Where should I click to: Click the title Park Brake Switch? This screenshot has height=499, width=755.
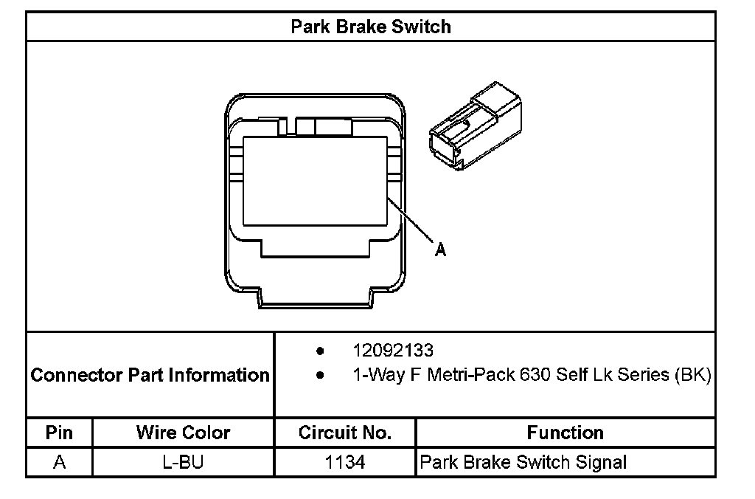pyautogui.click(x=370, y=27)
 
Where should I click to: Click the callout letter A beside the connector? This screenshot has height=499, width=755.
pyautogui.click(x=440, y=250)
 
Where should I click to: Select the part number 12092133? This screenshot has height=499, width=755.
pyautogui.click(x=393, y=349)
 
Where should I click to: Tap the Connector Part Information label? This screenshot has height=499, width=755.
pyautogui.click(x=150, y=375)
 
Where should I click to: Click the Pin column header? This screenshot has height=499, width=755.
pyautogui.click(x=59, y=433)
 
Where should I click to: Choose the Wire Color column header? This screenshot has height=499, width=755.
pyautogui.click(x=183, y=433)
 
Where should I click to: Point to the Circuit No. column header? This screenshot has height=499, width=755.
pyautogui.click(x=344, y=433)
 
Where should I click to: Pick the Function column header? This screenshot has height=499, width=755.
pyautogui.click(x=565, y=433)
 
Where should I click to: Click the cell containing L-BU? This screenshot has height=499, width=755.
pyautogui.click(x=183, y=463)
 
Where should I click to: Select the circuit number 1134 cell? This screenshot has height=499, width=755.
pyautogui.click(x=344, y=463)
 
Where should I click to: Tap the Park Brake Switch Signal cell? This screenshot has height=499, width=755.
pyautogui.click(x=523, y=463)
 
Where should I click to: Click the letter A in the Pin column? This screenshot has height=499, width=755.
pyautogui.click(x=59, y=463)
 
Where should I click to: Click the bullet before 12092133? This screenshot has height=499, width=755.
pyautogui.click(x=319, y=350)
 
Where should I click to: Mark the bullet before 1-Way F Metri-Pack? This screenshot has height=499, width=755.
pyautogui.click(x=319, y=376)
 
